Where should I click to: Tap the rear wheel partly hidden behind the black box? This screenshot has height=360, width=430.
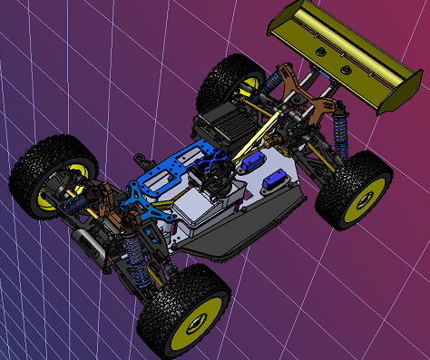231,83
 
